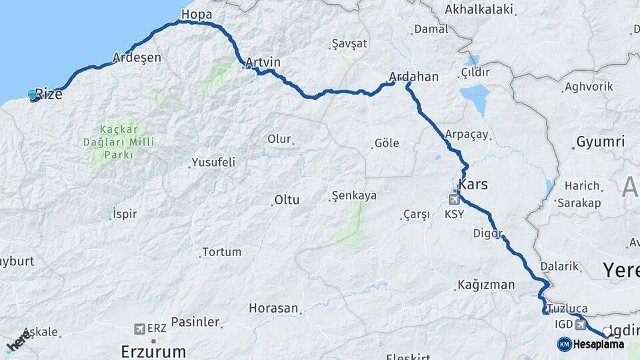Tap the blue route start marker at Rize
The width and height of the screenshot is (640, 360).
33,95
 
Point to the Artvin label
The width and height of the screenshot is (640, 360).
263,62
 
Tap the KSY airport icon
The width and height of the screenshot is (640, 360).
455,197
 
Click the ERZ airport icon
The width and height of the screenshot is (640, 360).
139,329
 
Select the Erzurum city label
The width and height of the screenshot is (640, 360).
152,349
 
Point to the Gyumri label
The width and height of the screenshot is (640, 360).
600,141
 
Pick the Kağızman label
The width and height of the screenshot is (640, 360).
486,285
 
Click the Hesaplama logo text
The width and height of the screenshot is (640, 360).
598,344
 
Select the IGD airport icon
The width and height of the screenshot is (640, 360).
581,324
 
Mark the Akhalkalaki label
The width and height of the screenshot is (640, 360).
481,9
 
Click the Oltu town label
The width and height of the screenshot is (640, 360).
287,199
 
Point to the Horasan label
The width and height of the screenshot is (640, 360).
273,308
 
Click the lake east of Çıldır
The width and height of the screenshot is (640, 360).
475,97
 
